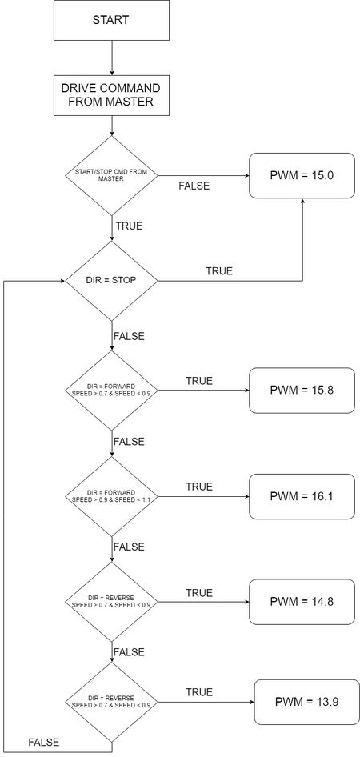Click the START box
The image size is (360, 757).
[111, 20]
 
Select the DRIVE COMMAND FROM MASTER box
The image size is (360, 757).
[111, 95]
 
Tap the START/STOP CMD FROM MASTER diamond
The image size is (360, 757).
[111, 175]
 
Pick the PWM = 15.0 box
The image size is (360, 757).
[302, 175]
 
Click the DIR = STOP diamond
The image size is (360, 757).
[111, 281]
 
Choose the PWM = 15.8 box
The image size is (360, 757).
[302, 390]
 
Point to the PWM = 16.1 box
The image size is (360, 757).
[302, 496]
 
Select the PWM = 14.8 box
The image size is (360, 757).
[302, 602]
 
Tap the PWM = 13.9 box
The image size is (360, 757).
[307, 702]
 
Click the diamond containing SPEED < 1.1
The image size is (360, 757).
[111, 496]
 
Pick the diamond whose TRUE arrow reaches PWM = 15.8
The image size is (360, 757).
[111, 390]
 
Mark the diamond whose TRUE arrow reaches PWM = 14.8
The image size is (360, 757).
[111, 602]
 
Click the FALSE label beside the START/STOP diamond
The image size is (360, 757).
[194, 186]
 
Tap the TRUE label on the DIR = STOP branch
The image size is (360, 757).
[219, 270]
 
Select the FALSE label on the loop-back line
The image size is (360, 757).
[44, 742]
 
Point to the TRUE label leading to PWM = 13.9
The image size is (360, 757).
[199, 692]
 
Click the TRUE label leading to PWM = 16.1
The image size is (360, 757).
[199, 487]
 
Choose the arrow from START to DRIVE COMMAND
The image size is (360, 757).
[111, 58]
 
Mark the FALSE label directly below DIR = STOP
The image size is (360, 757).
[129, 336]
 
